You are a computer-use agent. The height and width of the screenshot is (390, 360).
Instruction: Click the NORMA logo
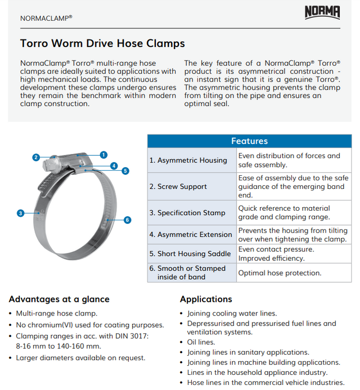pos(322,12)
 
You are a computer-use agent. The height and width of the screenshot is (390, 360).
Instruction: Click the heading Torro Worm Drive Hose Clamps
pos(102,43)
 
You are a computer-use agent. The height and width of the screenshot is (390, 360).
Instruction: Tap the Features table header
pos(249,141)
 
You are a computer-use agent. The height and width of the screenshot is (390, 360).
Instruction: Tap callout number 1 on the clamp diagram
pos(103,154)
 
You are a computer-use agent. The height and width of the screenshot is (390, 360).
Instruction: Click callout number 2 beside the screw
pos(36,158)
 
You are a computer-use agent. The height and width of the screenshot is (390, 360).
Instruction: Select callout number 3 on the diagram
pos(20,213)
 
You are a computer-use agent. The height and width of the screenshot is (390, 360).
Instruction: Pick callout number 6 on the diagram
pos(127,220)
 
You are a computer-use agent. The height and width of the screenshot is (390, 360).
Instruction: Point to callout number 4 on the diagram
pos(114,166)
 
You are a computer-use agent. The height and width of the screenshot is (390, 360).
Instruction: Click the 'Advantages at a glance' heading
pos(59,299)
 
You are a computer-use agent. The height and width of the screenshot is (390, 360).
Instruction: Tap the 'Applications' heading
pos(206,299)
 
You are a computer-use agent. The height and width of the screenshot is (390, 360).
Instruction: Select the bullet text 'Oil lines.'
pos(201,342)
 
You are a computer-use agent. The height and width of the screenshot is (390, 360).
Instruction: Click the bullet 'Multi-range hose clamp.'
pos(56,314)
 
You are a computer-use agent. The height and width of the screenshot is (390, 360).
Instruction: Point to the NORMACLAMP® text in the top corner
pos(46,17)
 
